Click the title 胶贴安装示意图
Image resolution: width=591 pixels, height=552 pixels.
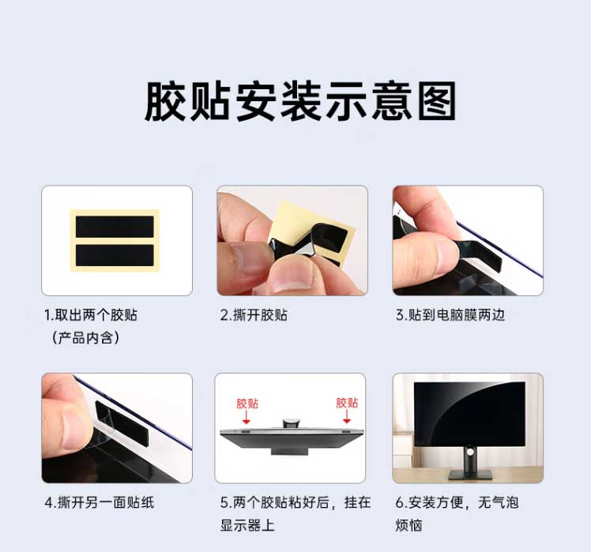click(300, 101)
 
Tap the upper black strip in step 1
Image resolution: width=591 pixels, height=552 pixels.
click(115, 227)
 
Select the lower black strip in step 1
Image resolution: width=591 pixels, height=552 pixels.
click(115, 255)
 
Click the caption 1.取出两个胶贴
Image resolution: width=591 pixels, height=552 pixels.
click(91, 314)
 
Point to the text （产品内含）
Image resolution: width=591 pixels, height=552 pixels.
click(85, 338)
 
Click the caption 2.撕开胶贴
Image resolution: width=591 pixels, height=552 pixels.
click(254, 314)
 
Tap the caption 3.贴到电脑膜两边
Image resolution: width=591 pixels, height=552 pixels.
click(450, 314)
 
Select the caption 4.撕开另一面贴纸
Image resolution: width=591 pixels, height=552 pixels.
click(100, 502)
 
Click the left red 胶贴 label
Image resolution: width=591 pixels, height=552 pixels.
click(247, 404)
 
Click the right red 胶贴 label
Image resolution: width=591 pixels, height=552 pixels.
click(347, 403)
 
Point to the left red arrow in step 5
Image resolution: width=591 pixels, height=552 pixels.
click(247, 417)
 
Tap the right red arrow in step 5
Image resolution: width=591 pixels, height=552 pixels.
click(347, 416)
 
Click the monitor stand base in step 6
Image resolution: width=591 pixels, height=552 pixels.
click(470, 475)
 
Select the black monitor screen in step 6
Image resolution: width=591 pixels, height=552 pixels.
click(469, 414)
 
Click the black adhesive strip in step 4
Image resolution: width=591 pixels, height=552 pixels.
click(122, 424)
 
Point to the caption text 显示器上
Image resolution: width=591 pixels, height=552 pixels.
click(247, 525)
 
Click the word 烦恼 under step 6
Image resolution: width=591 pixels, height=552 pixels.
click(408, 525)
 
